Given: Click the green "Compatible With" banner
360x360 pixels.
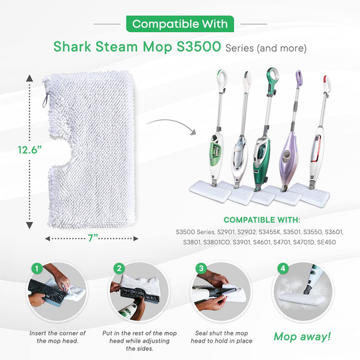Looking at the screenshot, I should [179, 24].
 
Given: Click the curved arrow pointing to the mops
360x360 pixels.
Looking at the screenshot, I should [164, 125].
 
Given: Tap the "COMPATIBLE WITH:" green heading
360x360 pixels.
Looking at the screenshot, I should [261, 219].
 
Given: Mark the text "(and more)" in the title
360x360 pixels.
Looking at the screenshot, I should [285, 49].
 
